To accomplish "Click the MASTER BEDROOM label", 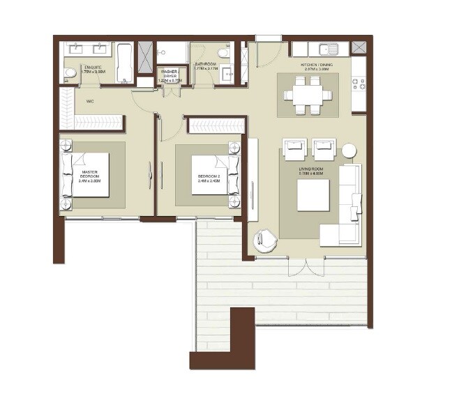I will coord(90,174).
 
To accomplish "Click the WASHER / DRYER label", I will coord(171,75).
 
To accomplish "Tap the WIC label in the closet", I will coord(90,102).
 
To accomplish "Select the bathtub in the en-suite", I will coord(126,63).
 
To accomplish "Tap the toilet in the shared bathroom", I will coord(223,53).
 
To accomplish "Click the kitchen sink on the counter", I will coord(327,49).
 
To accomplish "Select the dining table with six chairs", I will coord(308,94).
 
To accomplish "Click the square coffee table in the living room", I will coord(313,195).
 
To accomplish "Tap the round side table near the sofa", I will coord(348,151).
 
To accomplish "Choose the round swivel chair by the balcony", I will coord(266,241).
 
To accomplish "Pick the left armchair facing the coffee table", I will coord(294,148).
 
